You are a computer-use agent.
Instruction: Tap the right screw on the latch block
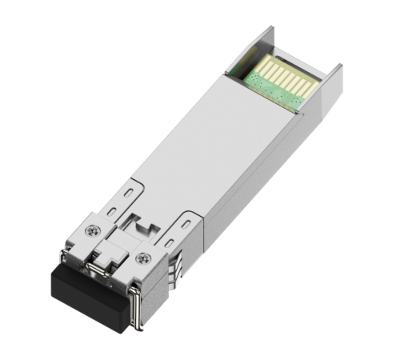point(143,258)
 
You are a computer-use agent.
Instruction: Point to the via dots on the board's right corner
point(298,102)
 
